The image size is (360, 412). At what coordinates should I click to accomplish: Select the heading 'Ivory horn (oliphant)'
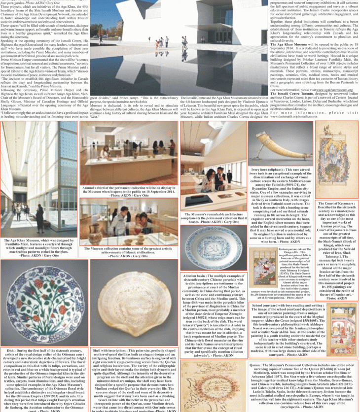[x=266, y=169]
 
